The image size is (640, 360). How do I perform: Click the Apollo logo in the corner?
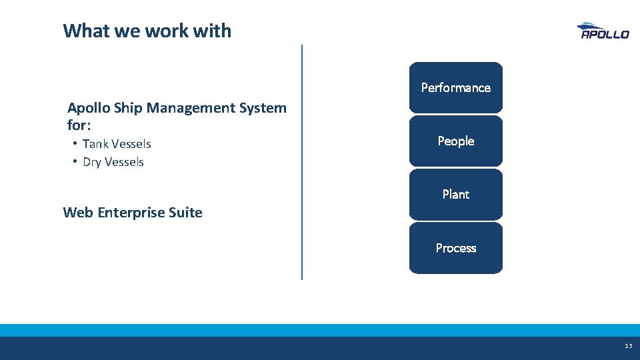coord(602,31)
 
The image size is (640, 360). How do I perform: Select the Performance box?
coord(456,87)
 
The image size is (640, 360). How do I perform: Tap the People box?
coord(456,141)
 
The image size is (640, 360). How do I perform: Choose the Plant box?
coord(456,194)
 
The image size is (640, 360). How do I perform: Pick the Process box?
coord(456,248)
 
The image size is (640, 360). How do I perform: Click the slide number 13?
coord(628,346)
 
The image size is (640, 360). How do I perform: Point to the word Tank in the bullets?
coord(95,144)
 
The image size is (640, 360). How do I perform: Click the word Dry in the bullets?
coord(92,162)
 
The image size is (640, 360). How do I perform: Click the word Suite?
coord(186,213)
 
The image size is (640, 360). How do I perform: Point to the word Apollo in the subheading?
coord(87,108)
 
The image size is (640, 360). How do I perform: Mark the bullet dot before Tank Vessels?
coord(76,143)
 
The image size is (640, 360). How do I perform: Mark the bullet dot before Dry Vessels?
coord(76,161)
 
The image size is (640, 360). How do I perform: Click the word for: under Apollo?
coord(79,125)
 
